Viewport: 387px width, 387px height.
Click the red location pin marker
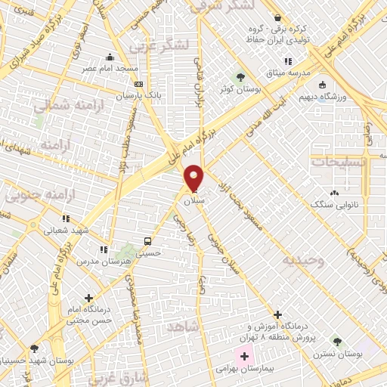194,178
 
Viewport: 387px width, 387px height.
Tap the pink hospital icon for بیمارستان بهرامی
245,355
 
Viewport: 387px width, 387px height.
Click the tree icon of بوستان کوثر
240,76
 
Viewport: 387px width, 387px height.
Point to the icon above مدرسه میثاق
286,61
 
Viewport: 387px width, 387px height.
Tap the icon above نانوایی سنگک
334,193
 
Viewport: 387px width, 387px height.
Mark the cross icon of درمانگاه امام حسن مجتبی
89,298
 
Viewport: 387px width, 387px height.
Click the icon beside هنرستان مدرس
104,249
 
